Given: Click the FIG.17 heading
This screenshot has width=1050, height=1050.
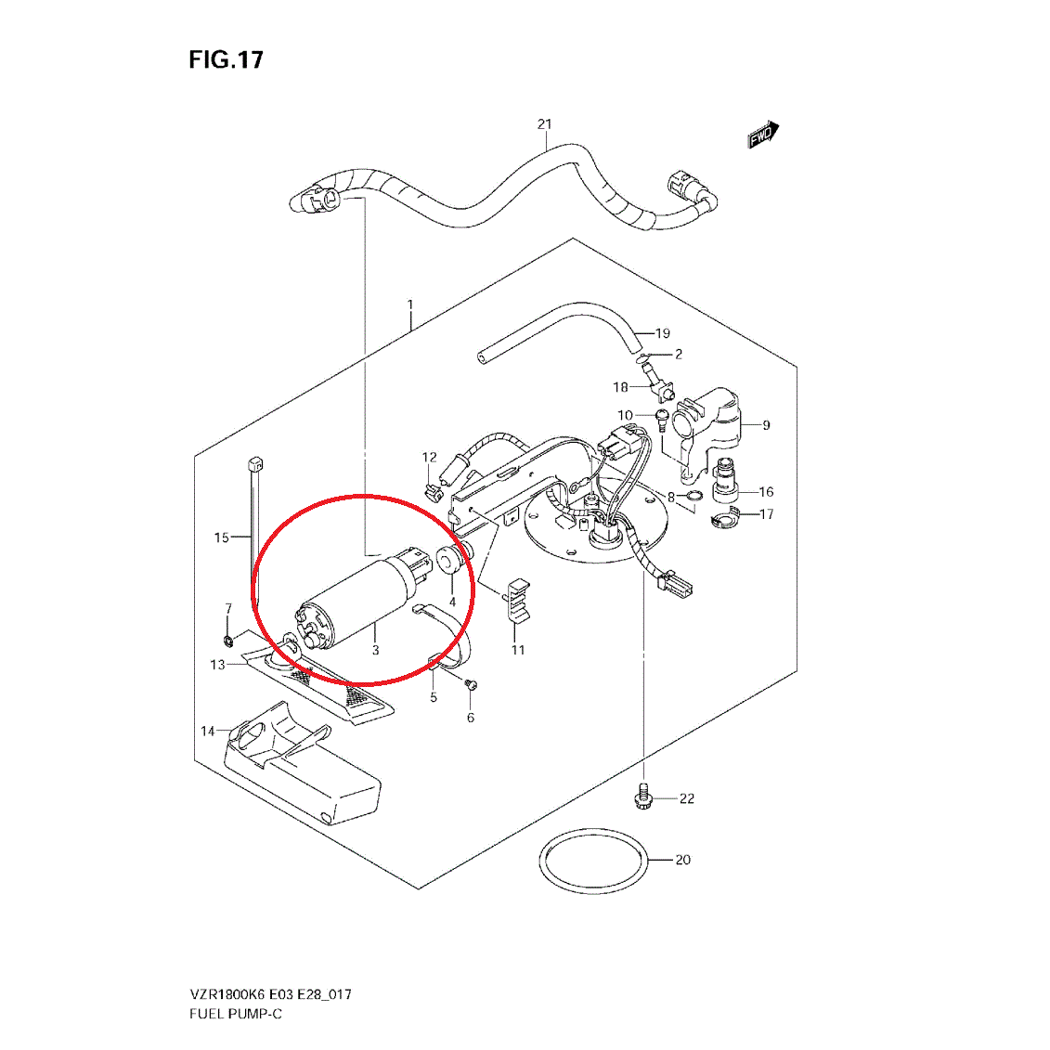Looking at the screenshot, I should [x=226, y=60].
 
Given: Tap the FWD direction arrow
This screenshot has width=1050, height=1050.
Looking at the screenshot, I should [x=763, y=136].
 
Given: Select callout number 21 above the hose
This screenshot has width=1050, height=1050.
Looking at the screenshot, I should [x=545, y=124].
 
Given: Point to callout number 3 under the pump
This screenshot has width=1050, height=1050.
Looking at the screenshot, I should [x=375, y=650].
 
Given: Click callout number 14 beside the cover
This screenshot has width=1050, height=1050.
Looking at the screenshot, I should [x=208, y=731].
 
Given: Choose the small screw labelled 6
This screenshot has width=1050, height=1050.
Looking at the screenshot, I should [x=472, y=684].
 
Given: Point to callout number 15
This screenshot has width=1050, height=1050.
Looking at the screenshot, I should [x=221, y=538].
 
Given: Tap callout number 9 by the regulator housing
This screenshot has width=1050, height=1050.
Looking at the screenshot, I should [x=766, y=425].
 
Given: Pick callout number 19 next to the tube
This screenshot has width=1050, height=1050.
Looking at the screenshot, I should [x=662, y=333].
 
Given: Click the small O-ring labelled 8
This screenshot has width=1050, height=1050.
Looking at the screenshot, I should [x=690, y=504].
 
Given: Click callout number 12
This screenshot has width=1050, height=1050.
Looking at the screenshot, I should [x=429, y=457].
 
